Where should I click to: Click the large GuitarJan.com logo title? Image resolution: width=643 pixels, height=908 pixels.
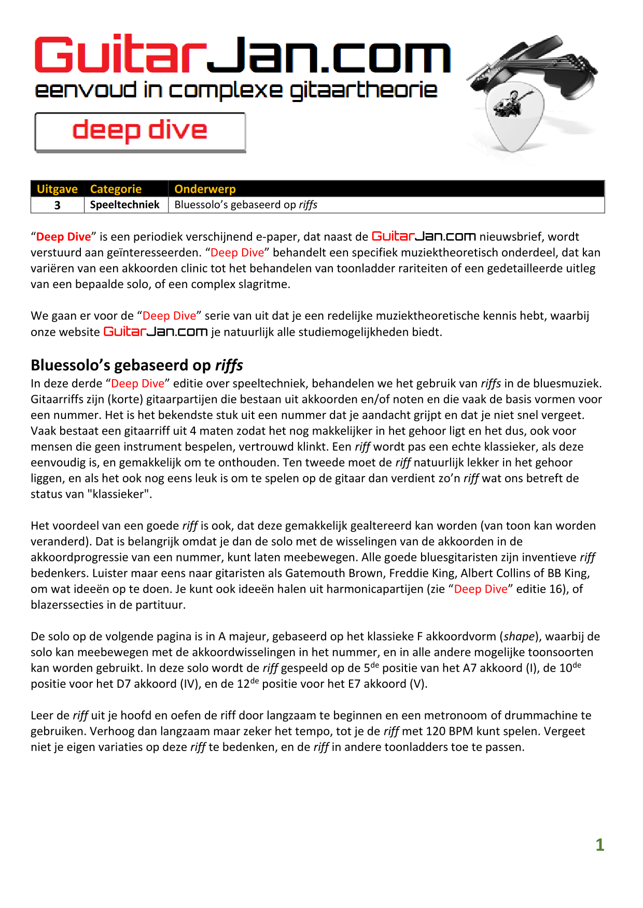point(242,55)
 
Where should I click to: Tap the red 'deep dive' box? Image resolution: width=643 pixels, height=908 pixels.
point(140,132)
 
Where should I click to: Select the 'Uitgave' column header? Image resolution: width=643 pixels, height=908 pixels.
point(57,189)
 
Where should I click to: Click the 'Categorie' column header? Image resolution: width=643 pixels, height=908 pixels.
point(116,189)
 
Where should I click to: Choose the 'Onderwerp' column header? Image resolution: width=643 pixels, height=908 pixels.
point(205,189)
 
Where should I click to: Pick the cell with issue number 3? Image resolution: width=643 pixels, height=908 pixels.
point(57,205)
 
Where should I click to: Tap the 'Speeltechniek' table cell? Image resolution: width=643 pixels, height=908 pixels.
point(124,205)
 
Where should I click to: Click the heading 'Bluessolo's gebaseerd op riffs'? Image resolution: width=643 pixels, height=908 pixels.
point(137,365)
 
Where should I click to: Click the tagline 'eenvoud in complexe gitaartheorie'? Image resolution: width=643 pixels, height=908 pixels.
point(236,91)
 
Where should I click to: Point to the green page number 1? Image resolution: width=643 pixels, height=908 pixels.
point(599,845)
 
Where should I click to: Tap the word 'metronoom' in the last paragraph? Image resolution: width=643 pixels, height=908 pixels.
point(456,715)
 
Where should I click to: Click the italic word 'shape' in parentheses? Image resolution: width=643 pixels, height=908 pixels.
point(519,637)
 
